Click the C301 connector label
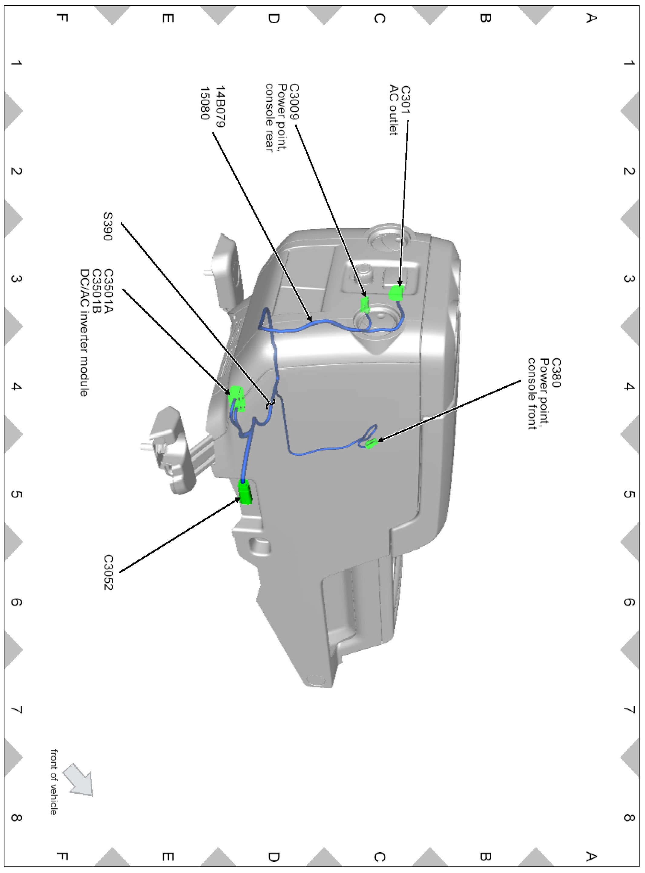click(406, 99)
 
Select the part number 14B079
click(220, 106)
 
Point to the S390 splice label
click(108, 226)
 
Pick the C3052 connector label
click(108, 572)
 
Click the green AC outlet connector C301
click(396, 293)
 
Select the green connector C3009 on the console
click(365, 304)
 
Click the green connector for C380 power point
click(371, 443)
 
